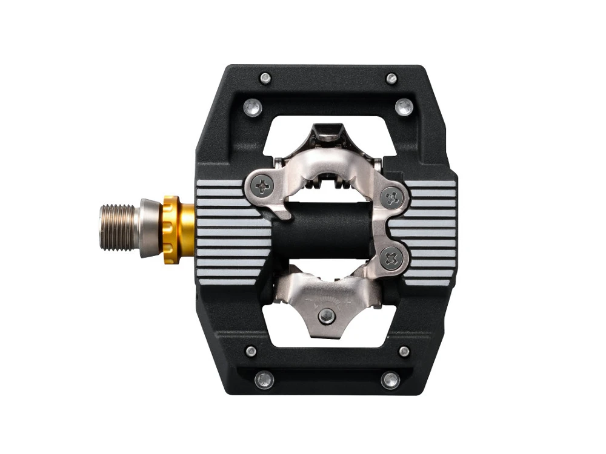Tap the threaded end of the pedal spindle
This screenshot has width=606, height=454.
[x=118, y=228]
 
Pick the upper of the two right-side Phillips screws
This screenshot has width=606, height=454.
[x=393, y=197]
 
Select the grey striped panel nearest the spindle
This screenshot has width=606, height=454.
[x=233, y=229]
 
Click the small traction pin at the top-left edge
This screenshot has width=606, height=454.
[x=265, y=77]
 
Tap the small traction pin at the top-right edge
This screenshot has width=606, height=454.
[x=391, y=78]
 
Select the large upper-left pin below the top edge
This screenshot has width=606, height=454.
[x=253, y=107]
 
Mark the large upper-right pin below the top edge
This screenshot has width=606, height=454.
[x=404, y=107]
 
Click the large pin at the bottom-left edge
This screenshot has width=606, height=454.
[x=264, y=380]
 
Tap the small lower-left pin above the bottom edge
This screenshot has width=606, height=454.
[x=250, y=351]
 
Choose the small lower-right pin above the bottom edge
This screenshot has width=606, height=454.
[x=404, y=351]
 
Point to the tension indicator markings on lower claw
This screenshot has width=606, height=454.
[x=327, y=300]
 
